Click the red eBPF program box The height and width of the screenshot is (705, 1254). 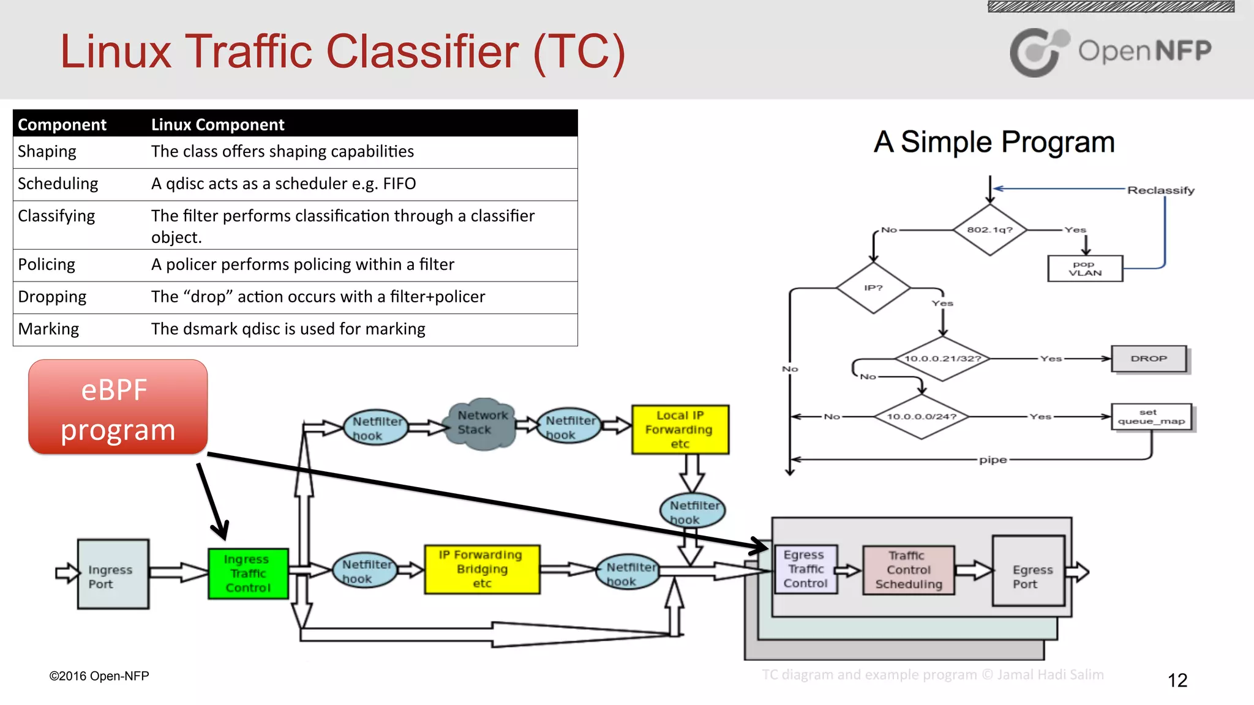tap(118, 407)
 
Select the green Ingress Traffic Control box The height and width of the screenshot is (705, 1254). tap(248, 573)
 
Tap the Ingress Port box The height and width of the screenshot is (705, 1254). tap(113, 575)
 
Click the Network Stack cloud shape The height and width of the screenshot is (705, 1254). tap(482, 423)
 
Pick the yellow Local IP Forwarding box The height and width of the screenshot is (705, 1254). tap(680, 429)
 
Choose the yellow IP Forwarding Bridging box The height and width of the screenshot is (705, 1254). tap(482, 569)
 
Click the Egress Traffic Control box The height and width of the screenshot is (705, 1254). tap(805, 569)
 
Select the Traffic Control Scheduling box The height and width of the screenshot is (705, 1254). tap(909, 570)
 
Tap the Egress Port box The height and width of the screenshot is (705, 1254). tap(1029, 571)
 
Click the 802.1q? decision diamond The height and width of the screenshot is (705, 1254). tap(989, 230)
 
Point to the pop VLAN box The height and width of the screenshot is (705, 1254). tap(1085, 269)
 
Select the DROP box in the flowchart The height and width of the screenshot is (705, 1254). tap(1149, 359)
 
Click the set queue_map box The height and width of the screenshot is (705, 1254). tap(1151, 417)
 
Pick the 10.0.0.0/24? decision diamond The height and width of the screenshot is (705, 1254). tap(921, 417)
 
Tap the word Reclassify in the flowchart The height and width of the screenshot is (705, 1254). tap(1161, 190)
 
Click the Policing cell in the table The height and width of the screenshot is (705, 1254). tap(47, 264)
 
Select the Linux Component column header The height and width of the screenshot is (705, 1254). tap(217, 124)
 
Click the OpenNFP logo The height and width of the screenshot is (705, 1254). tap(1110, 51)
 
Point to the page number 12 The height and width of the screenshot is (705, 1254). tap(1177, 680)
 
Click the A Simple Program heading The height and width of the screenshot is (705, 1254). tap(994, 142)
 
